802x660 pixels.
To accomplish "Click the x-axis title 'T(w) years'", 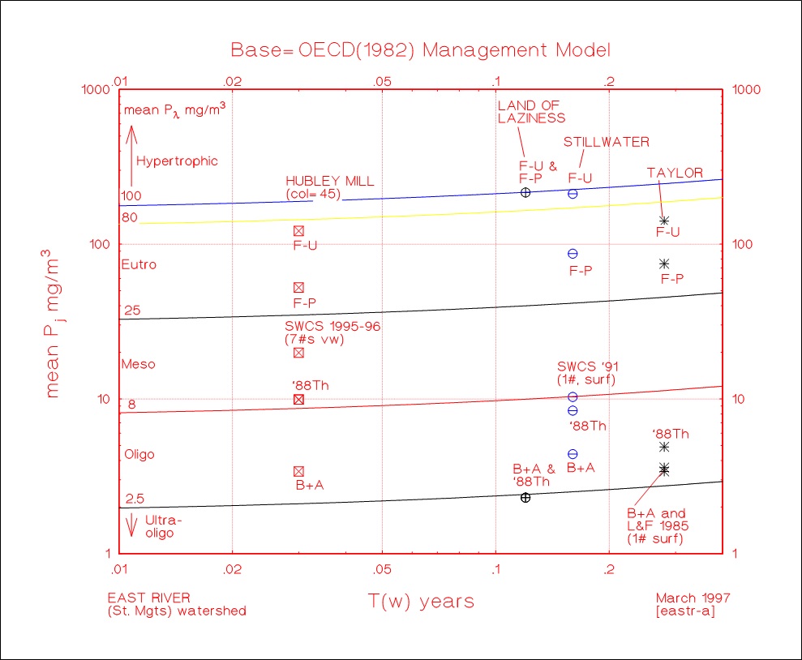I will tap(421, 602).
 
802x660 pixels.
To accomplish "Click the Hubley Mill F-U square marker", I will tap(298, 231).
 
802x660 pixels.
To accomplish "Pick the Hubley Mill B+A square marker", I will tap(298, 471).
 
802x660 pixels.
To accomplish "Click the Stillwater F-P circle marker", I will tap(573, 254).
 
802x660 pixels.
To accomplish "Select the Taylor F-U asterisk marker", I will tap(664, 221).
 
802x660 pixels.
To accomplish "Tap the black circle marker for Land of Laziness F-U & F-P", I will tap(525, 192).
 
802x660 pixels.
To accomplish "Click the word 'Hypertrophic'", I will tap(177, 161).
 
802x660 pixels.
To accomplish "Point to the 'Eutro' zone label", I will tap(139, 264).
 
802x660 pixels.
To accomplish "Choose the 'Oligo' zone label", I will tap(139, 455).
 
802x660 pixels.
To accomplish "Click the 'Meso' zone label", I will tap(138, 364).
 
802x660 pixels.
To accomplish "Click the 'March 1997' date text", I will tap(693, 598).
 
